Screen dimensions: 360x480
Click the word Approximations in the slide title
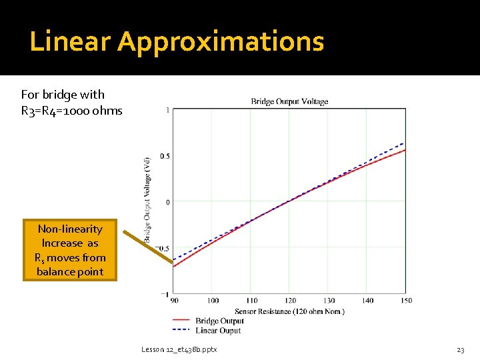pyautogui.click(x=221, y=42)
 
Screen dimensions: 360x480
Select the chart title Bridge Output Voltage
pyautogui.click(x=289, y=101)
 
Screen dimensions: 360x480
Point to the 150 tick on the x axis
pyautogui.click(x=406, y=301)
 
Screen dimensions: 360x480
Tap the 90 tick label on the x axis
pyautogui.click(x=174, y=301)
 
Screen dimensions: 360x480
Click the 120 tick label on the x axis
pyautogui.click(x=291, y=301)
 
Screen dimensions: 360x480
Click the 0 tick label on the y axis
pyautogui.click(x=167, y=201)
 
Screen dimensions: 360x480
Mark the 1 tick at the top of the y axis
pyautogui.click(x=167, y=110)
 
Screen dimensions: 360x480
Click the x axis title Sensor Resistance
pyautogui.click(x=289, y=311)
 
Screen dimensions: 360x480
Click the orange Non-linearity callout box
pyautogui.click(x=70, y=250)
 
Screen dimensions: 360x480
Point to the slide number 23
pyautogui.click(x=460, y=349)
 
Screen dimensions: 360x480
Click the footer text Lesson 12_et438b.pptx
pyautogui.click(x=179, y=349)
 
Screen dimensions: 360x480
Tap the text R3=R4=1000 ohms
pyautogui.click(x=72, y=111)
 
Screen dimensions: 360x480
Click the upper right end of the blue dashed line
pyautogui.click(x=404, y=143)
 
